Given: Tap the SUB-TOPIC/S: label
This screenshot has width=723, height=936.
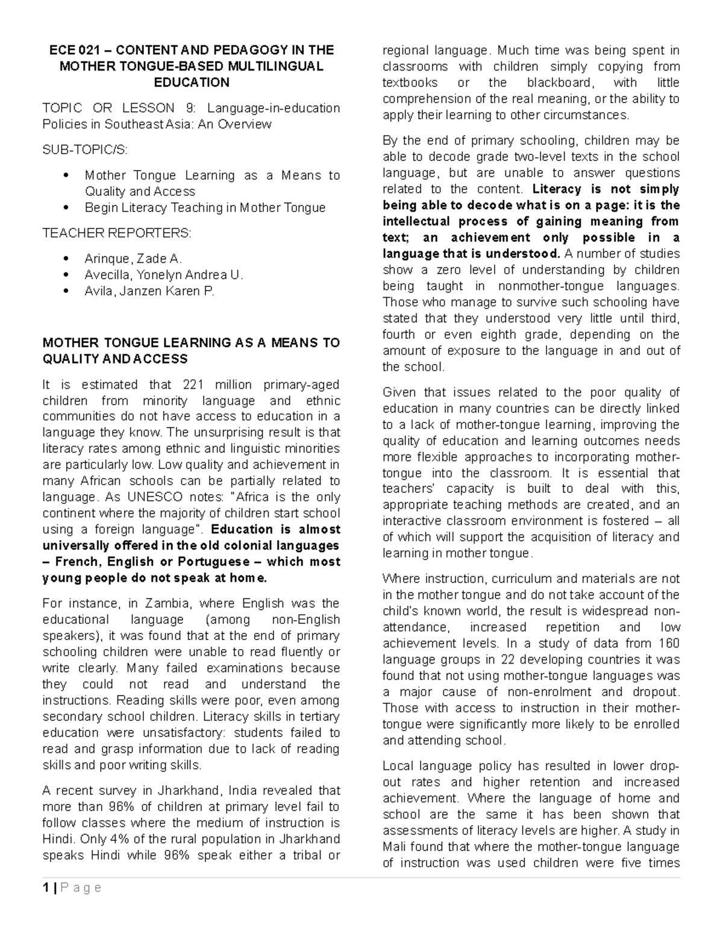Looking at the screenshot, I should pyautogui.click(x=85, y=149).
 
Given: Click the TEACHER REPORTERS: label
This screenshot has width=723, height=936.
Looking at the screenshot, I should pyautogui.click(x=116, y=233).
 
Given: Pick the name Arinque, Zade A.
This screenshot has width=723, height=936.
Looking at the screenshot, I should pyautogui.click(x=133, y=259).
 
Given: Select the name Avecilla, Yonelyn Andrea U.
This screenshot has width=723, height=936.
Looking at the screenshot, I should pyautogui.click(x=164, y=275).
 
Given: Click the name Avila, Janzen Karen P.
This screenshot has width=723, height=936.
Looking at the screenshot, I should pyautogui.click(x=149, y=291).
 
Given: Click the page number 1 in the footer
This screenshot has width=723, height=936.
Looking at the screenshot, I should pyautogui.click(x=45, y=888).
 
